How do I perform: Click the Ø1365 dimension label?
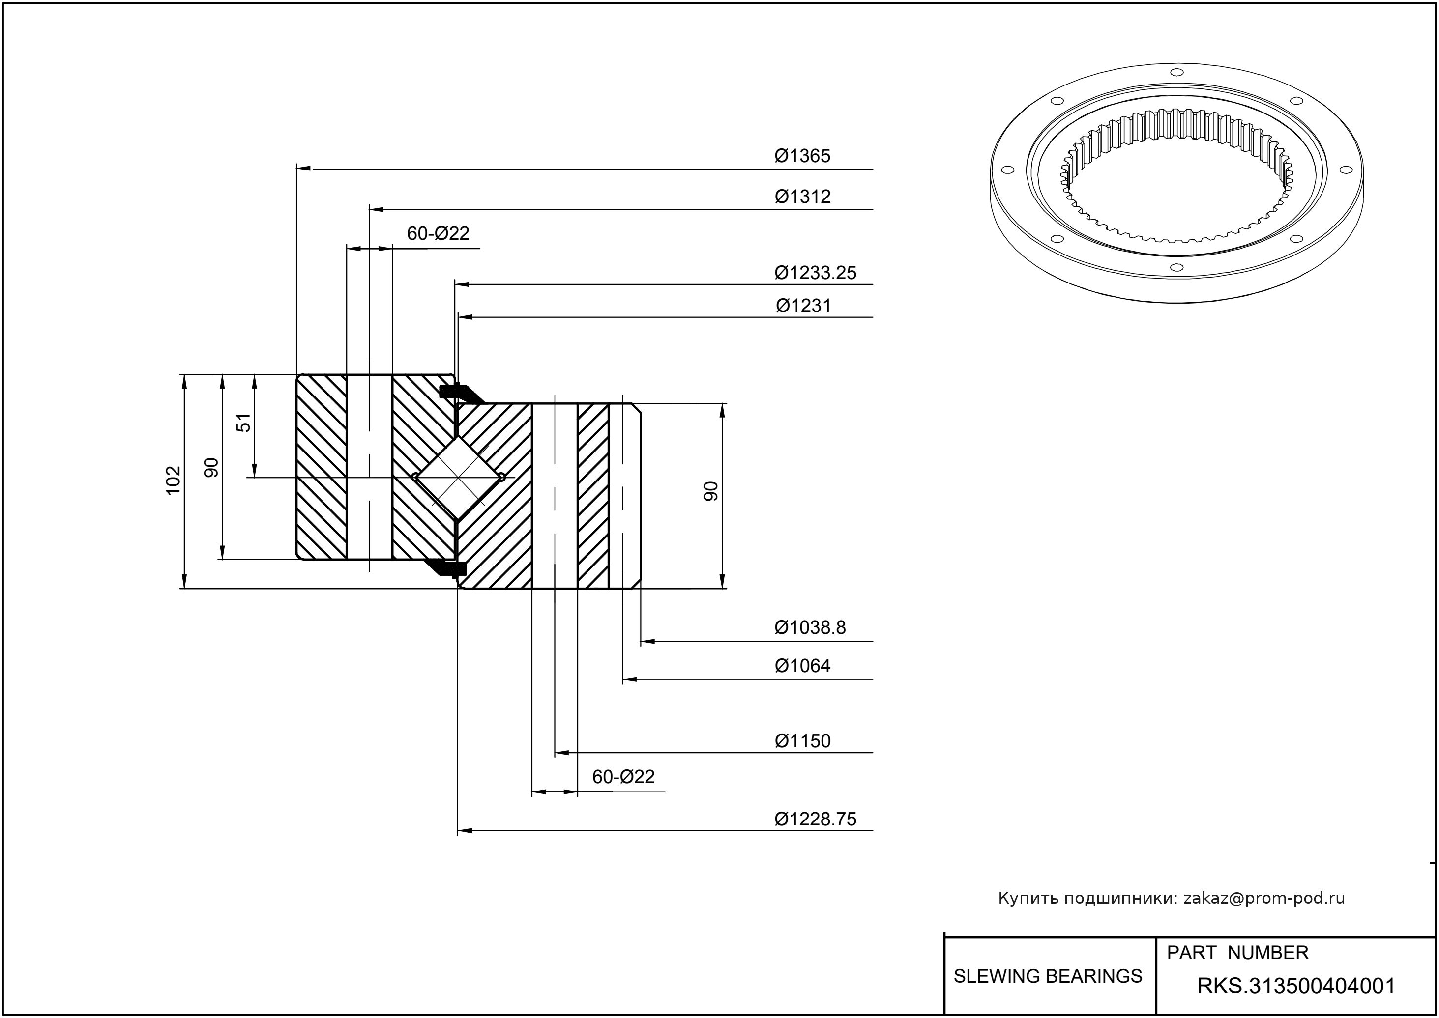tap(802, 155)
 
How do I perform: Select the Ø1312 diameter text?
tap(802, 196)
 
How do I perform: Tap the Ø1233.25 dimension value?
tap(815, 273)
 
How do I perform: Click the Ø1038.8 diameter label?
tap(810, 627)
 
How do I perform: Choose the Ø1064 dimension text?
tap(802, 665)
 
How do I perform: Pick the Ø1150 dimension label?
tap(802, 740)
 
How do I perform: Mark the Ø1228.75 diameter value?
tap(815, 819)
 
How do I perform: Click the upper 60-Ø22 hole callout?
tap(438, 233)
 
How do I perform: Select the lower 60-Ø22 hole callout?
tap(623, 777)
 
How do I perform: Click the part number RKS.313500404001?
tap(1296, 986)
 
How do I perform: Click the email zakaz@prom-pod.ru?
tap(1263, 898)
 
